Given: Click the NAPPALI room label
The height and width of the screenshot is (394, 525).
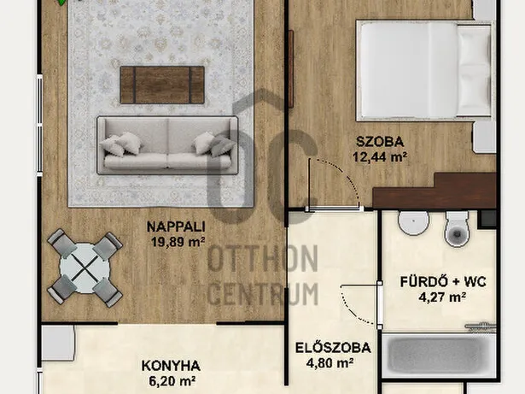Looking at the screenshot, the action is (x=176, y=227).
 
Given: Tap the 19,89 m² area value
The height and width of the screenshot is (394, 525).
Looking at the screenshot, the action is (x=178, y=242).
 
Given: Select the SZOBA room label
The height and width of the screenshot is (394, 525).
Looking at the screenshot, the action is (x=380, y=142).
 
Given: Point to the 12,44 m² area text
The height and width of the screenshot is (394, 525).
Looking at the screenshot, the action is (x=380, y=156).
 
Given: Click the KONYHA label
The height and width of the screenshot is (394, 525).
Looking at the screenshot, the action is (x=171, y=366).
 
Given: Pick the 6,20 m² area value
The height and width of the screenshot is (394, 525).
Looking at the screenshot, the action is (x=172, y=381).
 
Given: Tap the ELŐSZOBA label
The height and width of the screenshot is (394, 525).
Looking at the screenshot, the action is (x=333, y=348).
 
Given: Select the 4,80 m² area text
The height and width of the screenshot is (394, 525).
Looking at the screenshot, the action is (x=330, y=363).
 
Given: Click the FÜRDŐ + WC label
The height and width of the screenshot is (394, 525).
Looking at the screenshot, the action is (x=443, y=282).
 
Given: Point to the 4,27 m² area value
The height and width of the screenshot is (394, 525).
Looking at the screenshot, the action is (x=442, y=297).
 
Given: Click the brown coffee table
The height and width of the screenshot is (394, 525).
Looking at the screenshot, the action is (x=162, y=85).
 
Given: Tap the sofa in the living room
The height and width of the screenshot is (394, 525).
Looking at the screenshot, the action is (x=167, y=145).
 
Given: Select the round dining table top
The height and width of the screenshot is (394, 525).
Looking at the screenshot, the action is (x=85, y=268).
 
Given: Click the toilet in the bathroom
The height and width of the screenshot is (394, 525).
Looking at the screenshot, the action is (x=458, y=229).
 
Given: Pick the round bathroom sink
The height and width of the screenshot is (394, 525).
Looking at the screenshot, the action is (x=413, y=222).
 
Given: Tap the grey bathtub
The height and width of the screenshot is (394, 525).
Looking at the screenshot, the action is (x=439, y=356).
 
